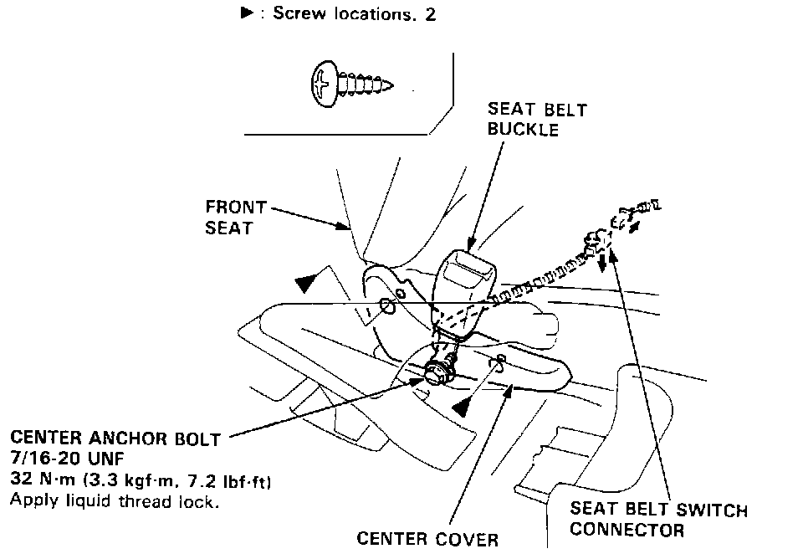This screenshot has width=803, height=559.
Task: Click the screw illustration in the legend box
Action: click(350, 81)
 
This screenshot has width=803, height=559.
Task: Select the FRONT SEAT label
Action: click(235, 216)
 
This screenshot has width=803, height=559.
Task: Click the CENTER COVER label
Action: click(427, 537)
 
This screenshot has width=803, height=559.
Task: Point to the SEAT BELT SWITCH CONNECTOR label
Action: click(658, 520)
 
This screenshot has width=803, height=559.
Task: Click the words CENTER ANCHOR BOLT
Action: click(115, 438)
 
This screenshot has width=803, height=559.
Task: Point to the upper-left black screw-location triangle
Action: click(307, 283)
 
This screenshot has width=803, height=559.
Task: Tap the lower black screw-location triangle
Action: click(460, 408)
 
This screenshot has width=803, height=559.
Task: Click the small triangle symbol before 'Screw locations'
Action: click(247, 14)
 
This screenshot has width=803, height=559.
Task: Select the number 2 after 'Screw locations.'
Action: click(430, 14)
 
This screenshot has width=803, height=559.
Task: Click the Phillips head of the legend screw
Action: click(322, 82)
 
